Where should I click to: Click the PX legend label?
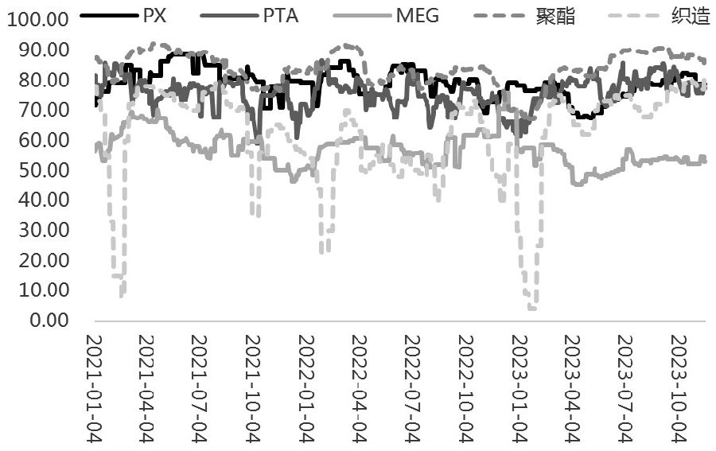click(x=154, y=15)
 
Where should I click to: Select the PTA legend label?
click(x=281, y=15)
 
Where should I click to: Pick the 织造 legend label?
click(x=691, y=15)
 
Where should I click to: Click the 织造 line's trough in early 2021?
click(x=121, y=296)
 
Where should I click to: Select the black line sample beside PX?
click(x=111, y=15)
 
